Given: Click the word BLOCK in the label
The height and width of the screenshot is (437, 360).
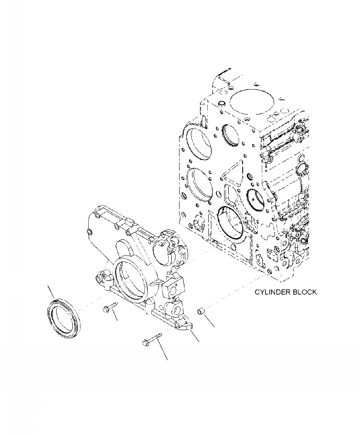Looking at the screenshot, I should (305, 292).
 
